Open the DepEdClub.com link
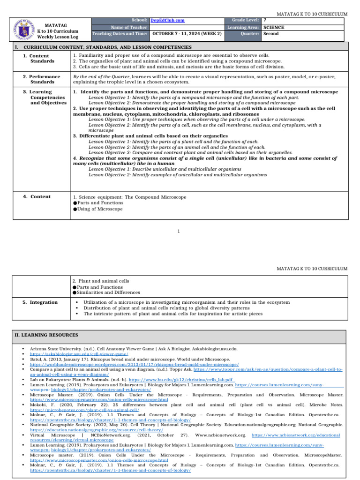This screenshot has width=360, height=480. click(x=167, y=21)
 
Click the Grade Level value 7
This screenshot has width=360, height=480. click(x=265, y=21)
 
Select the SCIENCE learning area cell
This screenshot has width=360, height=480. click(x=274, y=27)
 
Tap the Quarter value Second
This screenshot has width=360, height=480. click(x=271, y=34)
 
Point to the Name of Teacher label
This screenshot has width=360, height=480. click(x=129, y=27)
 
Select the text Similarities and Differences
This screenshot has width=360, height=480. click(x=108, y=292)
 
